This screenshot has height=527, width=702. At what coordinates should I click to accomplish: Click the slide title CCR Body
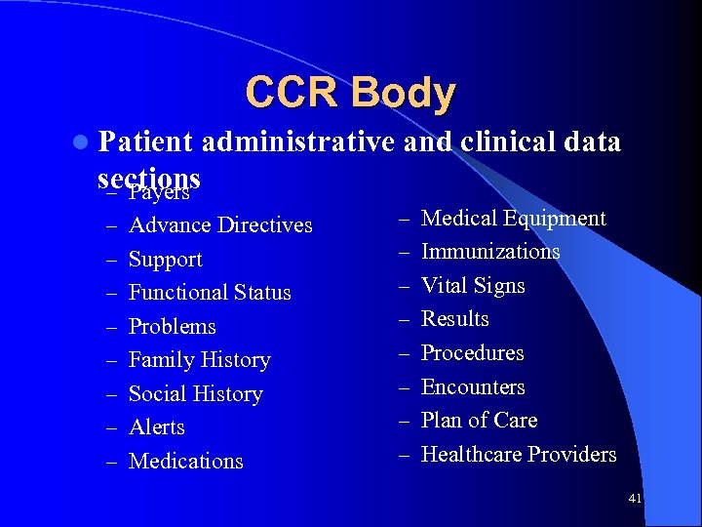350,93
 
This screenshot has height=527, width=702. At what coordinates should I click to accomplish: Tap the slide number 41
635,499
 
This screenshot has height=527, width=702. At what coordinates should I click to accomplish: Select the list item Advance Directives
220,225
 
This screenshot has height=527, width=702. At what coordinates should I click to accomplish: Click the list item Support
166,260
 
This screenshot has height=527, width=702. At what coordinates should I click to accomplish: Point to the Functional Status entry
210,293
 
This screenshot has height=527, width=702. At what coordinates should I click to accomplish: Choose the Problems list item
173,327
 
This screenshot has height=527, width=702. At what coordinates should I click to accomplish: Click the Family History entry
199,360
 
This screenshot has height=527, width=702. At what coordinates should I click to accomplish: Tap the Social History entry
196,394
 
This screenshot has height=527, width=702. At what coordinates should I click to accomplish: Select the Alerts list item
157,427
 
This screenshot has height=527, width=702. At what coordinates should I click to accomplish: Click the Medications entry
185,462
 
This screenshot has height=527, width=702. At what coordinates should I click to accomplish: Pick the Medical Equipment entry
513,219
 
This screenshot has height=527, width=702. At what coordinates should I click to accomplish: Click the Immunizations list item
490,252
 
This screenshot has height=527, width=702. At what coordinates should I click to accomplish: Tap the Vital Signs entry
473,286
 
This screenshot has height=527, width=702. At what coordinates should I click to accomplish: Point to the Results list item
455,319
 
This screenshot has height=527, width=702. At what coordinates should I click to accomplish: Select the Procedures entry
472,353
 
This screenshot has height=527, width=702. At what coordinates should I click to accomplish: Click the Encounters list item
473,387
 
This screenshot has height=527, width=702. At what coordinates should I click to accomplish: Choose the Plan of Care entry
479,421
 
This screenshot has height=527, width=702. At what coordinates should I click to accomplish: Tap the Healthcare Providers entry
519,455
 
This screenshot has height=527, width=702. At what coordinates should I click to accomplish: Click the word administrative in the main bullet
298,142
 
